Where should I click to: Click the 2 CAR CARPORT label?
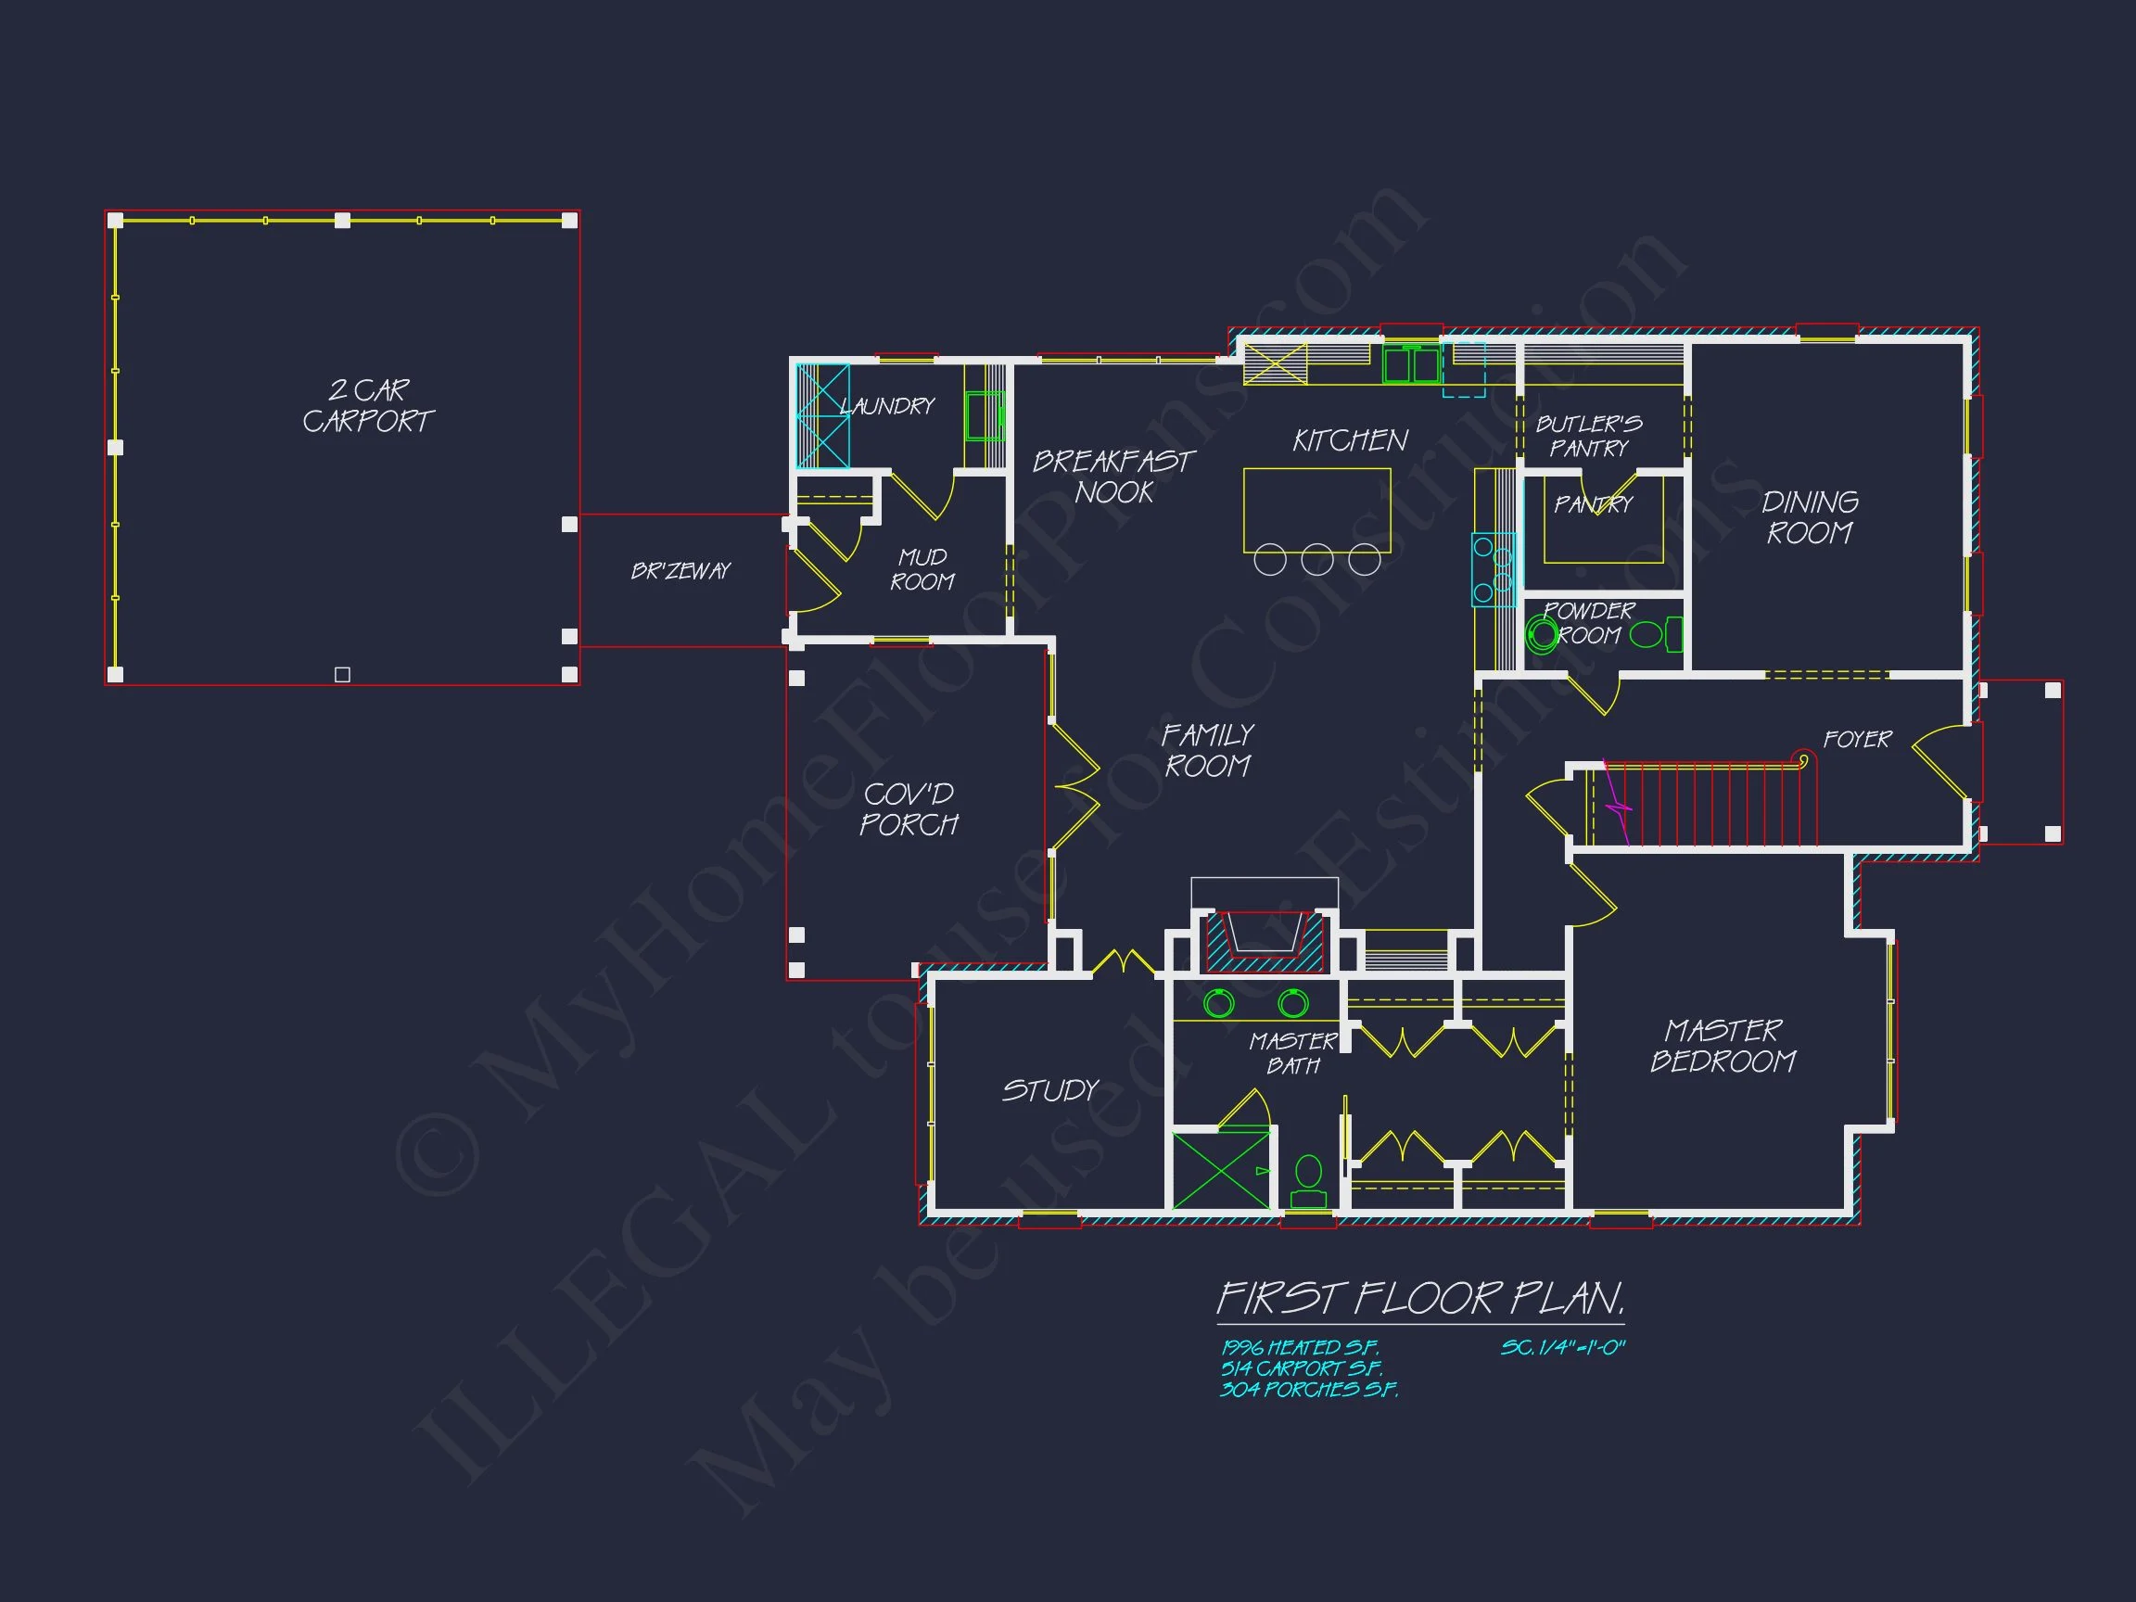pos(368,405)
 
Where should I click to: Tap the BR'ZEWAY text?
pos(680,571)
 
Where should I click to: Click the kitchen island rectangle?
pos(1316,509)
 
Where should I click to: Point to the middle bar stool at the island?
pos(1317,559)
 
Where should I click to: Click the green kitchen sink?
pos(1411,366)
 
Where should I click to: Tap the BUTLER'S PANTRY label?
pos(1588,436)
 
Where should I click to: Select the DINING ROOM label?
pos(1810,516)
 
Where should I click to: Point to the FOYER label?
pos(1857,739)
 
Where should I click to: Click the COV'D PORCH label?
pos(909,809)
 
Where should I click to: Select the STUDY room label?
pos(1049,1090)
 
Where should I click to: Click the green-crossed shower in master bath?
pos(1221,1170)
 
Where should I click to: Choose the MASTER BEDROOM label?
pos(1723,1046)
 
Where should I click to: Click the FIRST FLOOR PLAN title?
pos(1419,1299)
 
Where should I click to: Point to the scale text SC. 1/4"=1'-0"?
pos(1562,1347)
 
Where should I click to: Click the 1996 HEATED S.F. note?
pos(1299,1347)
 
